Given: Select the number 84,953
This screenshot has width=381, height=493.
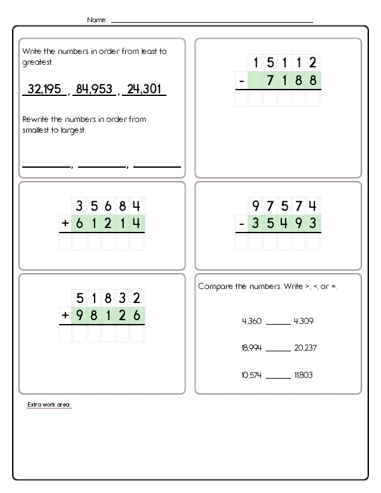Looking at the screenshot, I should pos(93,90).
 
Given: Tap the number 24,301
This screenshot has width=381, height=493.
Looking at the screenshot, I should pos(144,90).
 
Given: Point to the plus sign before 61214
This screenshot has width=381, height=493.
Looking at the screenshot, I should pos(65,224).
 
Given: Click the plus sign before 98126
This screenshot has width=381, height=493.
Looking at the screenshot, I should pos(65,315).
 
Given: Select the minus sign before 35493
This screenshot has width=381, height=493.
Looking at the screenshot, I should pos(241,224).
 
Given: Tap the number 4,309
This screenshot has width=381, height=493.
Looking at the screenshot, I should pos(304,321).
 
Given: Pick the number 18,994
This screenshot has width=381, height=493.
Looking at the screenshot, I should pos(251,348).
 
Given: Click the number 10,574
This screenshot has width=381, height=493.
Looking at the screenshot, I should pos(251,375).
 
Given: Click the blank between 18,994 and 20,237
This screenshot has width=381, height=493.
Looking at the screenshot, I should pos(277,349).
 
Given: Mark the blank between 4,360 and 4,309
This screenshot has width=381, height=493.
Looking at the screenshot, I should pos(277,323).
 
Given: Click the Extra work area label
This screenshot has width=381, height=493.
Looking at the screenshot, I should pos(50,405).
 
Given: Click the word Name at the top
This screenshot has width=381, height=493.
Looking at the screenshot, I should pos(97,20).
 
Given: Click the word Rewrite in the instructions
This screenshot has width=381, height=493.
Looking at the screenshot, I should pos(36,119).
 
